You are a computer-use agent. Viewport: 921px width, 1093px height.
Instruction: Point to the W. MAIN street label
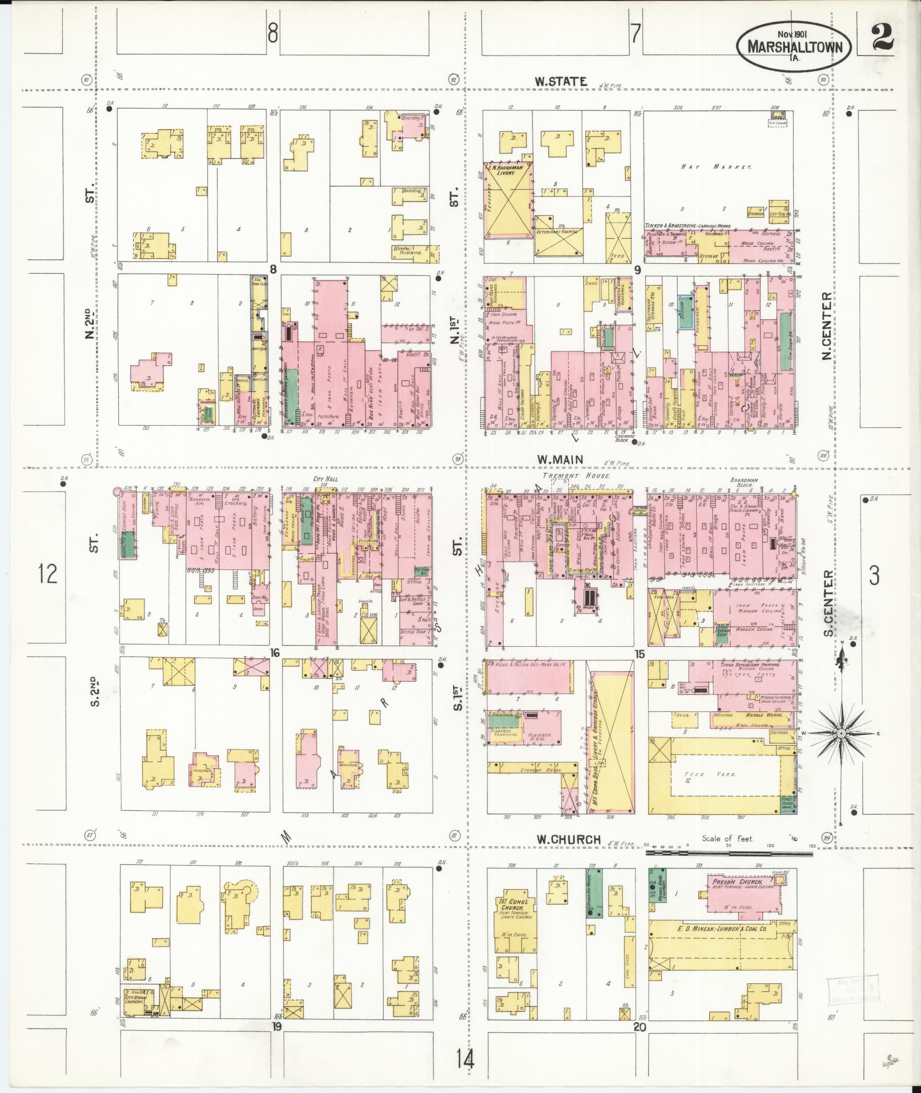pyautogui.click(x=558, y=459)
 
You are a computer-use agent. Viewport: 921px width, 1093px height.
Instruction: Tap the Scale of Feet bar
pyautogui.click(x=729, y=853)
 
